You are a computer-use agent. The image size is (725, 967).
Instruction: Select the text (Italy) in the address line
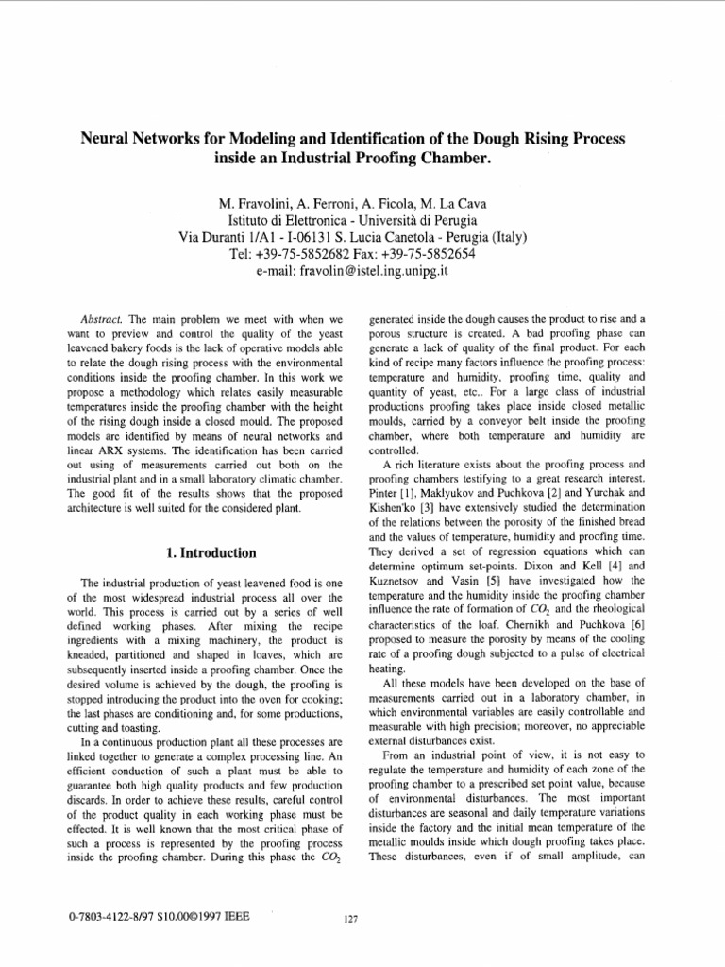pos(504,236)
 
